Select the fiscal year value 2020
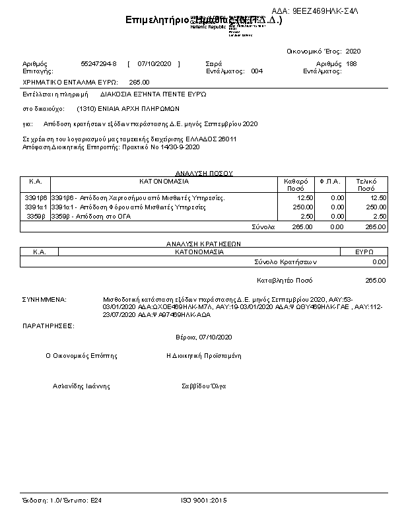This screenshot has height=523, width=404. click(353, 51)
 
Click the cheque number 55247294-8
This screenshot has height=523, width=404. click(98, 63)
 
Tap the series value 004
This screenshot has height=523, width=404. click(257, 71)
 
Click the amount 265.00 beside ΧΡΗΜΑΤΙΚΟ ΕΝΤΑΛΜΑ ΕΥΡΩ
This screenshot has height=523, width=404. click(139, 82)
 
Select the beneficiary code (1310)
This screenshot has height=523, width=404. click(86, 108)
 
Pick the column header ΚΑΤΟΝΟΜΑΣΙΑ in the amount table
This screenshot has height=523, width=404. click(164, 180)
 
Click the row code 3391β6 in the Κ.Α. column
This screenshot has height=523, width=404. click(36, 198)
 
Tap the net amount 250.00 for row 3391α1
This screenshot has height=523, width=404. click(303, 207)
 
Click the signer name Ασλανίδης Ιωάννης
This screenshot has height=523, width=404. click(81, 386)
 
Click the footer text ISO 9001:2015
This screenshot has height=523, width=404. click(203, 501)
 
